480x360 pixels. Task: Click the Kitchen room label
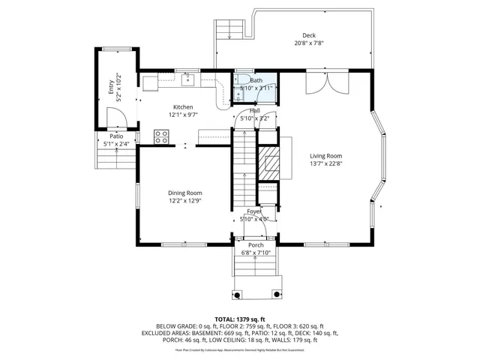(184, 106)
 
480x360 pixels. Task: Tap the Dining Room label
(184, 193)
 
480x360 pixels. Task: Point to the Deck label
(309, 36)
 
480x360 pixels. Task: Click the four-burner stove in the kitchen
(160, 136)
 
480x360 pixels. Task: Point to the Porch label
(256, 244)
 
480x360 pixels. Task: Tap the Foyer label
(254, 211)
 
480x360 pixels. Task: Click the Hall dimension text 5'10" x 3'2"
(254, 118)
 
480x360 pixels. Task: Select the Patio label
(115, 136)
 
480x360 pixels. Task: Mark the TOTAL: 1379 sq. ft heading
(239, 319)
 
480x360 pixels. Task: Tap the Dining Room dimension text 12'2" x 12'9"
(184, 201)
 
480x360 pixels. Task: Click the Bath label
(256, 80)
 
